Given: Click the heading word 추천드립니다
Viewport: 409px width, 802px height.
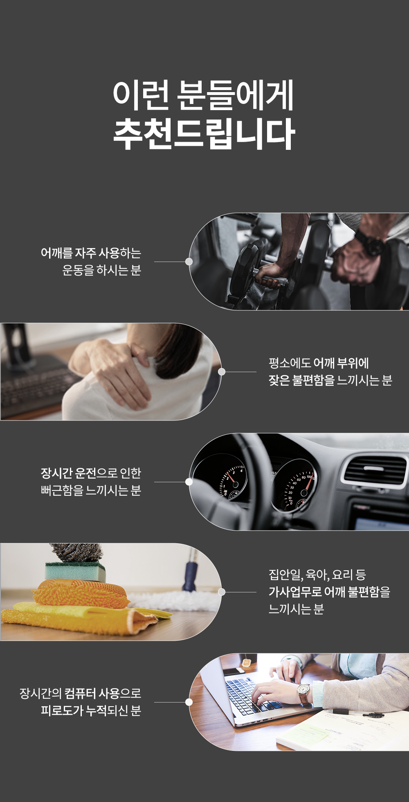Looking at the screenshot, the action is [204, 134].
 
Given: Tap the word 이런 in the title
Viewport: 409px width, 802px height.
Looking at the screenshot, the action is [141, 95].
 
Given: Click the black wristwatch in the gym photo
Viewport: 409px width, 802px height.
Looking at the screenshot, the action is [369, 242].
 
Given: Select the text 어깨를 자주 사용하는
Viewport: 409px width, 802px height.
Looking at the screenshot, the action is [91, 253].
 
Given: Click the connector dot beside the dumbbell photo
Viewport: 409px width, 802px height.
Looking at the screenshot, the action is [189, 262].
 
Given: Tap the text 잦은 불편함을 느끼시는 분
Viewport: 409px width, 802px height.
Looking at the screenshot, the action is [330, 380].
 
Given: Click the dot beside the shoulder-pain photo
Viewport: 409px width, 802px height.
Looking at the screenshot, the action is [222, 372].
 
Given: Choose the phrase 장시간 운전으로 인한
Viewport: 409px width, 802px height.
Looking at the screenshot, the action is [91, 473].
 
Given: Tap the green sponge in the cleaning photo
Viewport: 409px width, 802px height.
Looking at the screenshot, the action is [75, 572].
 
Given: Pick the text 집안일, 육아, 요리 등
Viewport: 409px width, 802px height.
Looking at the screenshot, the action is [317, 575].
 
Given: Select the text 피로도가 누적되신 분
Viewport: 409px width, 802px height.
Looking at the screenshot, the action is [91, 710].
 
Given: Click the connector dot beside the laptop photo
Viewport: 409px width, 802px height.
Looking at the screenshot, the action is [189, 702].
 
